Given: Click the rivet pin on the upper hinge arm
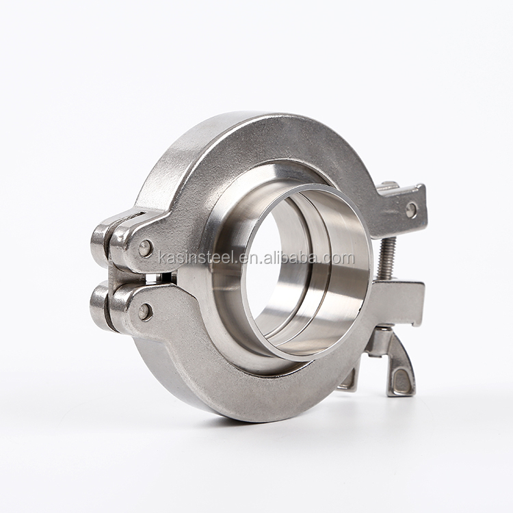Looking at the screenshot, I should (x=146, y=248).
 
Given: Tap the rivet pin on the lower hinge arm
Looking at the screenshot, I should (x=145, y=312).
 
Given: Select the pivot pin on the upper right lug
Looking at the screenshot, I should (x=411, y=209).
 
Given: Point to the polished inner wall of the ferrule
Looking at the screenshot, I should (x=328, y=287).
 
